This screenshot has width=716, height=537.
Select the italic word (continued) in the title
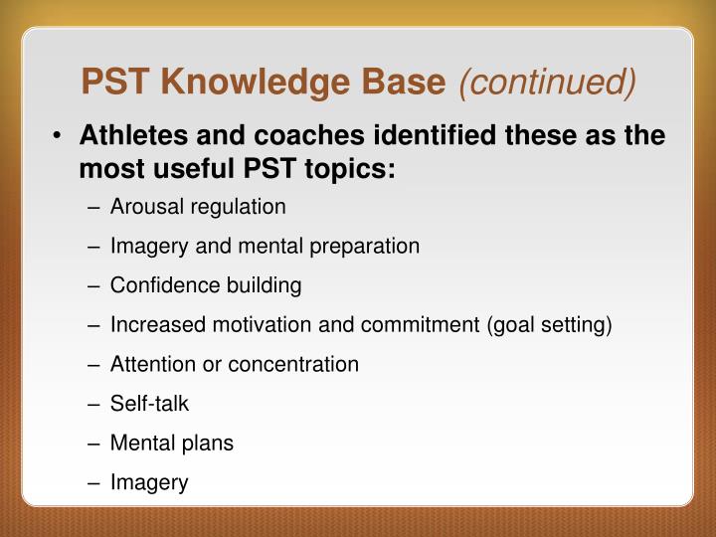tap(546, 84)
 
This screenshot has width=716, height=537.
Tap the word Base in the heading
tap(410, 84)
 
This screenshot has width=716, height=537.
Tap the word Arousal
tap(146, 207)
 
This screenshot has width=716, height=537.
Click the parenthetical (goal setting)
tap(549, 325)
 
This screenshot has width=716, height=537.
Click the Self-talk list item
tap(149, 404)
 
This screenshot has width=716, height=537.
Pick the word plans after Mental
tap(207, 444)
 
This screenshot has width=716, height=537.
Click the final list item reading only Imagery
tap(149, 482)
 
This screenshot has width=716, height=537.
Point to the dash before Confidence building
tap(93, 285)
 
